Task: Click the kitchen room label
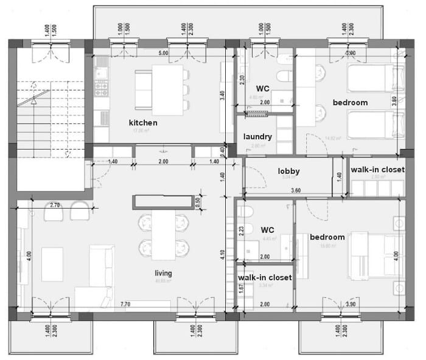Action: pyautogui.click(x=143, y=123)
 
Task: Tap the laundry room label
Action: pyautogui.click(x=257, y=137)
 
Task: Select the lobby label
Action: pyautogui.click(x=288, y=171)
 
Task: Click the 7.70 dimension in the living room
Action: pyautogui.click(x=126, y=304)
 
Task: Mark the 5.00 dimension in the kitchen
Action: pyautogui.click(x=162, y=54)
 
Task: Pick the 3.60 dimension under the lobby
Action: pyautogui.click(x=296, y=191)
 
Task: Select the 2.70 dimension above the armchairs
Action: pyautogui.click(x=55, y=206)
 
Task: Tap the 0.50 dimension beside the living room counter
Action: pyautogui.click(x=197, y=201)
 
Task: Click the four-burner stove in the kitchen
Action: pyautogui.click(x=102, y=89)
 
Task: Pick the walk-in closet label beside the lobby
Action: pyautogui.click(x=376, y=170)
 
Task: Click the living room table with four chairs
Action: pyautogui.click(x=161, y=234)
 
